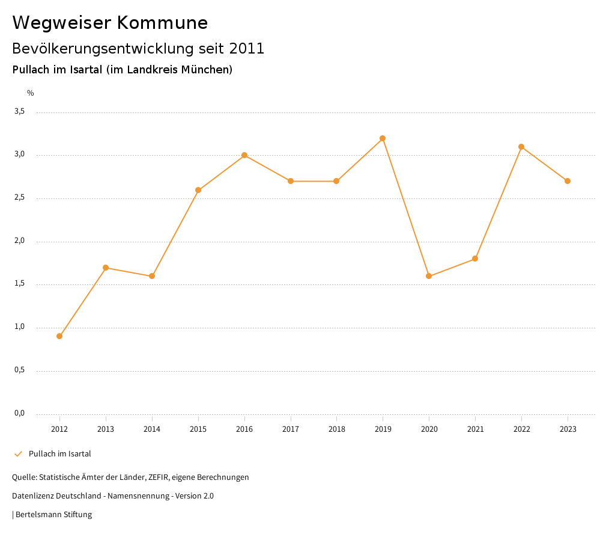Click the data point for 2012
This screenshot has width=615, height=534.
(x=59, y=336)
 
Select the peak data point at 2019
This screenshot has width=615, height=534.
(x=383, y=138)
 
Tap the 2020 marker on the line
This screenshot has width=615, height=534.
(x=429, y=276)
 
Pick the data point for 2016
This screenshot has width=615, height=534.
(x=244, y=155)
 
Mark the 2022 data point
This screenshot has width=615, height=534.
(x=521, y=147)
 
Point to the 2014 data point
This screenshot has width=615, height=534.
(x=152, y=276)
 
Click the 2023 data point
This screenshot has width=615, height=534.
(x=568, y=181)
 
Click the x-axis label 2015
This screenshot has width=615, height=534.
(x=198, y=429)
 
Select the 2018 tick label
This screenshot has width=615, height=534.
(x=336, y=429)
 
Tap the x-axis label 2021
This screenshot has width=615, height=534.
(x=475, y=429)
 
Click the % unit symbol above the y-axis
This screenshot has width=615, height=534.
(x=31, y=93)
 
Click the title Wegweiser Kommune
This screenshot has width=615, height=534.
(x=110, y=23)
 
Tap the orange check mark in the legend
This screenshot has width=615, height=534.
(x=18, y=454)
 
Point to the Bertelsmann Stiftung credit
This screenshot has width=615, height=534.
(x=53, y=515)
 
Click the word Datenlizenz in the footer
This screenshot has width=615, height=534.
(x=32, y=496)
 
